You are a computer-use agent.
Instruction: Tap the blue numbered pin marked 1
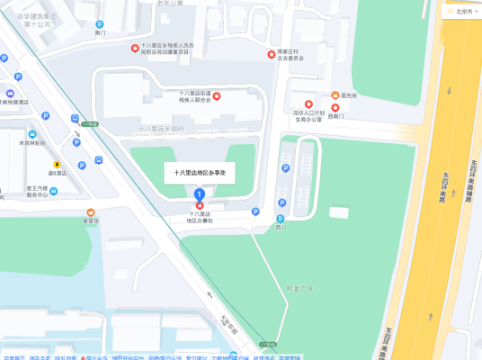tap(200, 193)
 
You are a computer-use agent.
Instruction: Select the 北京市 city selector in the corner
tap(463, 11)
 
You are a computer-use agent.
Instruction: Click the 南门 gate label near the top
tap(100, 32)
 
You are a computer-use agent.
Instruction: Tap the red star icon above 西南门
tap(336, 107)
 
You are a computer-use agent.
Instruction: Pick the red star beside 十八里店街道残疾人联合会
tap(216, 94)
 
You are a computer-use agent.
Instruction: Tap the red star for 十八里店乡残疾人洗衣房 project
tap(135, 49)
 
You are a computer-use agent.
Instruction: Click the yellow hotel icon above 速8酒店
tap(58, 165)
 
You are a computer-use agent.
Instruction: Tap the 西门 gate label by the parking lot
tap(281, 226)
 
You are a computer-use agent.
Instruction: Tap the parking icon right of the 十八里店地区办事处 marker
tap(255, 212)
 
